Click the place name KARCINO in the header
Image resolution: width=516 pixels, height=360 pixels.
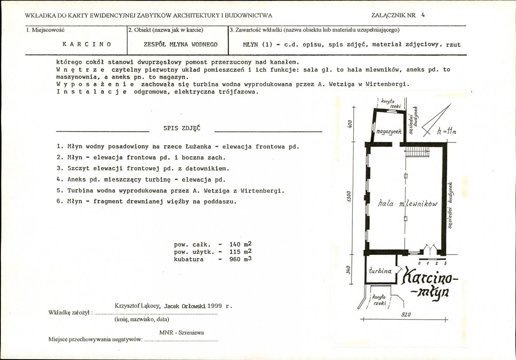pyautogui.click(x=87, y=44)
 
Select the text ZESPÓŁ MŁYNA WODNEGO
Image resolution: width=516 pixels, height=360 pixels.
pyautogui.click(x=181, y=44)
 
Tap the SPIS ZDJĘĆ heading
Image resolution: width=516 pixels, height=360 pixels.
pyautogui.click(x=182, y=128)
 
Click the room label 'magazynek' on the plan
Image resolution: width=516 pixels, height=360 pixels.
pyautogui.click(x=389, y=132)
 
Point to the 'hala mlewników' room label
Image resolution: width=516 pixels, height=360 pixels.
pyautogui.click(x=408, y=203)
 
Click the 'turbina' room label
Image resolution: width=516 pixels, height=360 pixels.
pyautogui.click(x=380, y=271)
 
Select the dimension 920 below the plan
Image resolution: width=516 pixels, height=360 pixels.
pyautogui.click(x=406, y=315)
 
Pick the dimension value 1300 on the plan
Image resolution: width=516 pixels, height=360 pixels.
pyautogui.click(x=349, y=197)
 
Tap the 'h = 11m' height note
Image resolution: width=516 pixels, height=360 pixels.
pyautogui.click(x=447, y=131)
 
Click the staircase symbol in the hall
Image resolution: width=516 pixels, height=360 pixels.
pyautogui.click(x=417, y=152)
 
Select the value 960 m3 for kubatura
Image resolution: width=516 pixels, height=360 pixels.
pyautogui.click(x=240, y=259)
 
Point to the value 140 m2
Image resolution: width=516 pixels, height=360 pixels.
pyautogui.click(x=240, y=244)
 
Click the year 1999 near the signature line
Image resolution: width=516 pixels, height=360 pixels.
pyautogui.click(x=215, y=306)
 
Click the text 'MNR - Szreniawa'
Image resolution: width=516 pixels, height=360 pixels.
pyautogui.click(x=182, y=332)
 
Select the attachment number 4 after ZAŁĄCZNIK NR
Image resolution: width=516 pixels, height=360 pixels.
pyautogui.click(x=423, y=15)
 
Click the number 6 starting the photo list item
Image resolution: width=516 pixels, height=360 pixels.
pyautogui.click(x=59, y=202)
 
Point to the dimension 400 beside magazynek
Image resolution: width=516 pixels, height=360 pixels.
pyautogui.click(x=349, y=124)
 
